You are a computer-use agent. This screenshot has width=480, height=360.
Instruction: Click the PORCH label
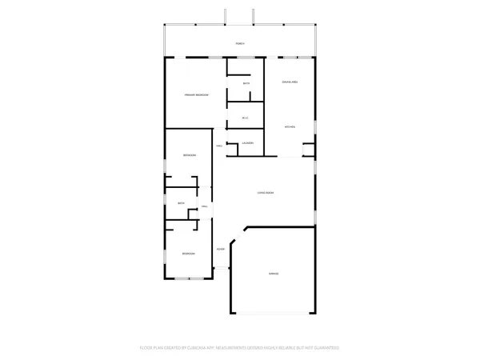239,43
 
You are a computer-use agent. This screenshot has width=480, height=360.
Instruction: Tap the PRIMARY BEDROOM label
196,95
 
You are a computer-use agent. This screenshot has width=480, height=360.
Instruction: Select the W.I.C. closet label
246,118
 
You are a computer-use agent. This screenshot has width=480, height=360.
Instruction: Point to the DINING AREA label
290,82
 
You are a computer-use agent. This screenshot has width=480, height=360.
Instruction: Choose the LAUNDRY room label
248,143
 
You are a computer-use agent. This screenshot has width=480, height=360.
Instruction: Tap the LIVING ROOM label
266,194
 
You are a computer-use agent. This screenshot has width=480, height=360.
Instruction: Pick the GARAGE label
273,274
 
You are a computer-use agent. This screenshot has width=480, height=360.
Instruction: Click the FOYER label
220,249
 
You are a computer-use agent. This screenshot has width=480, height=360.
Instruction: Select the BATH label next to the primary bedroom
246,84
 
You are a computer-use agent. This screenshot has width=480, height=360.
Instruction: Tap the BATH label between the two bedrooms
181,204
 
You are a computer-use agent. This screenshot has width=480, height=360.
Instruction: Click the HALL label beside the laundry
219,146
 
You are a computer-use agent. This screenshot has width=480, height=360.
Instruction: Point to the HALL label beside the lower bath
205,207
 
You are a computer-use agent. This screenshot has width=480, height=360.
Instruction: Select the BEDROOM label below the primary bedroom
189,155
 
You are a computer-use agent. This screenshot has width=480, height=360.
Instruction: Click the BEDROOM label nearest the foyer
187,254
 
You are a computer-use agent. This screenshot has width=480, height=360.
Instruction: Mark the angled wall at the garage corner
238,234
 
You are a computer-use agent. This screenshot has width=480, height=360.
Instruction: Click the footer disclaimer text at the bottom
239,347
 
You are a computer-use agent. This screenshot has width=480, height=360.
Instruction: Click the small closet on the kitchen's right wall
309,148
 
